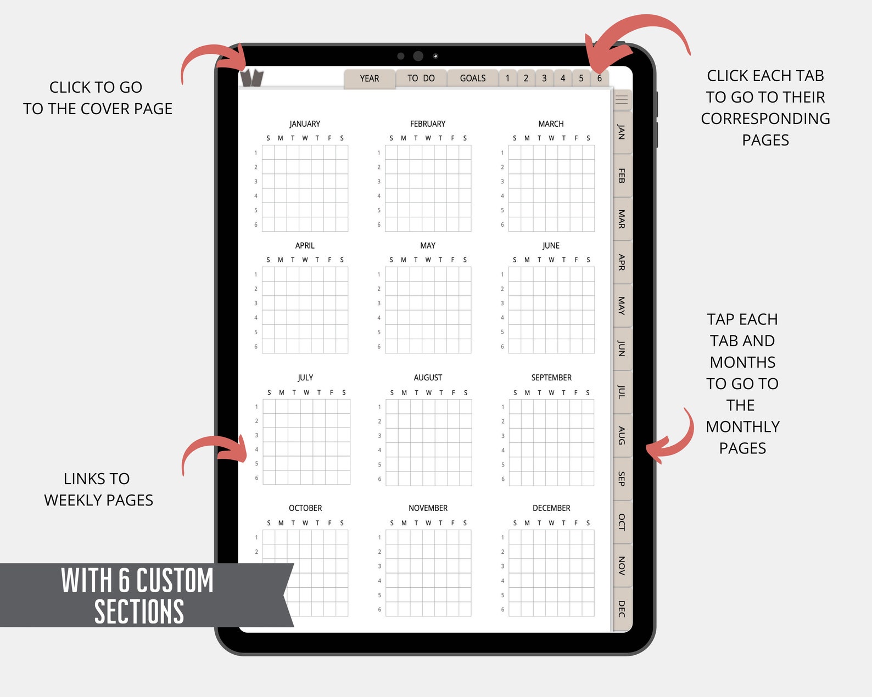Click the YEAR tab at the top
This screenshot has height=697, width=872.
tap(370, 78)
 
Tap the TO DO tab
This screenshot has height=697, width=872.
tap(421, 78)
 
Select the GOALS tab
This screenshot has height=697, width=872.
tap(473, 78)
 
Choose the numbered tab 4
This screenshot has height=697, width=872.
tap(563, 78)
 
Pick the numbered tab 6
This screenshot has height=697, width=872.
tap(600, 78)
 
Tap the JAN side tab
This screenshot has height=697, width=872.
tap(622, 132)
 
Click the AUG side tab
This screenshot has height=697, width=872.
tap(622, 436)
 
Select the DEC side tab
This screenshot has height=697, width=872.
tap(622, 609)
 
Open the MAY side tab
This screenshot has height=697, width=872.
tap(622, 305)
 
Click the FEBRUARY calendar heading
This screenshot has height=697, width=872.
tap(428, 124)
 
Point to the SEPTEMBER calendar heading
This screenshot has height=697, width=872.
tap(551, 378)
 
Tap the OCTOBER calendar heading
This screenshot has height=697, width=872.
tap(305, 508)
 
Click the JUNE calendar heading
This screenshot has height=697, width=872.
tap(551, 246)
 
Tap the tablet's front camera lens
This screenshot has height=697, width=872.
tap(418, 56)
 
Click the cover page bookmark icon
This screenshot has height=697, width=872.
tap(251, 78)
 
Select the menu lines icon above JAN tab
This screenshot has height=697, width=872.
tap(622, 100)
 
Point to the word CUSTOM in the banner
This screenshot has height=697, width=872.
tap(175, 581)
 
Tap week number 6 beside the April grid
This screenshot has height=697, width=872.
tap(256, 347)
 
